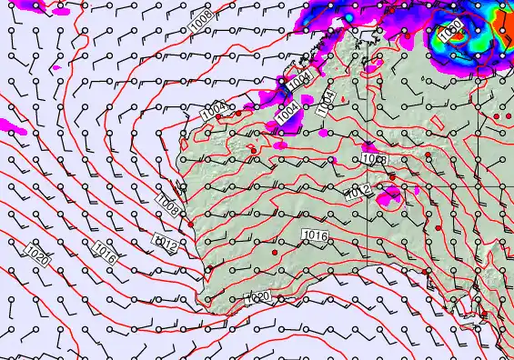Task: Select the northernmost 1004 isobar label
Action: [300, 79]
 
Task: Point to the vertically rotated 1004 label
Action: [327, 103]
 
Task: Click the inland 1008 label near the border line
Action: [374, 159]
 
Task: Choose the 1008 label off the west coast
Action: [169, 205]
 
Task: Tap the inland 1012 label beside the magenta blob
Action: [358, 192]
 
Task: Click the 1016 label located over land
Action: [314, 235]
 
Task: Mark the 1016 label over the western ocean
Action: [103, 252]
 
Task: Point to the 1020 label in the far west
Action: [37, 255]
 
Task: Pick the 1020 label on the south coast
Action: [257, 297]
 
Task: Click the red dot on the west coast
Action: [191, 224]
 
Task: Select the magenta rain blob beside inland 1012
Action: [392, 193]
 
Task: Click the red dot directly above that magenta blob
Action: [391, 176]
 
